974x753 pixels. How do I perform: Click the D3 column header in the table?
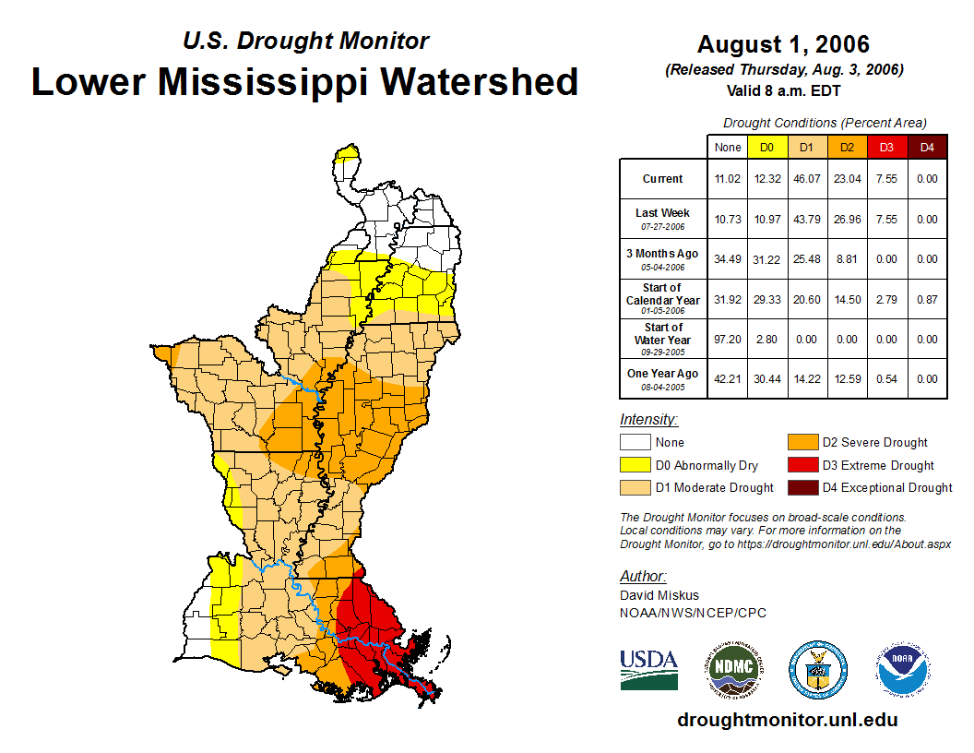tap(886, 147)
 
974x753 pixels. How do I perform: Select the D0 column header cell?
tap(766, 147)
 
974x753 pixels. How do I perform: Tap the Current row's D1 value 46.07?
tap(806, 179)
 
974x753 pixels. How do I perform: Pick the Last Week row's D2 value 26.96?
tap(846, 220)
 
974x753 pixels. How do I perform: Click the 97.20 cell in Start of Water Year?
tap(727, 340)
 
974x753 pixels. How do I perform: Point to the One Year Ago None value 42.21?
tap(727, 379)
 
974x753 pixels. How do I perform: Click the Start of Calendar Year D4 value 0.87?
tap(926, 299)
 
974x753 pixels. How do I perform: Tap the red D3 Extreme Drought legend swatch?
tap(801, 465)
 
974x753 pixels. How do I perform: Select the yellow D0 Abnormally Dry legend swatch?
tap(635, 465)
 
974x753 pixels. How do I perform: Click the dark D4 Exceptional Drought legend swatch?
tap(801, 487)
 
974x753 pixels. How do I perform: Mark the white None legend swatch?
tap(635, 442)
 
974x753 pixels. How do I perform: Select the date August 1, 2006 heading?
tap(783, 44)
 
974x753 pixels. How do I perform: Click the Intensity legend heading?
tap(648, 420)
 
